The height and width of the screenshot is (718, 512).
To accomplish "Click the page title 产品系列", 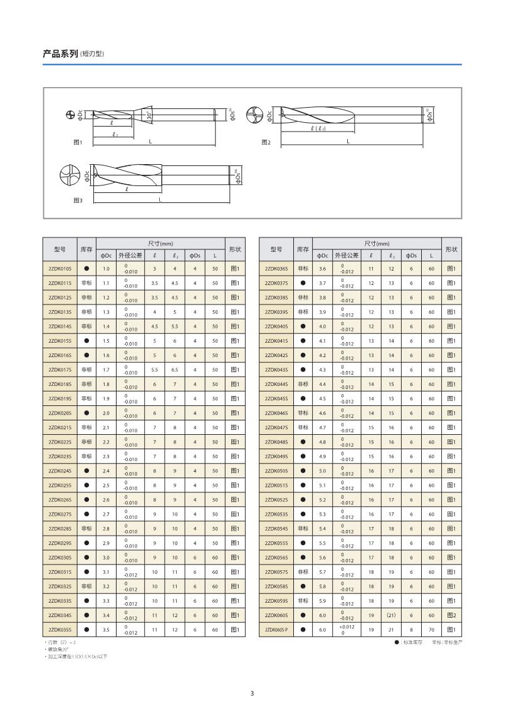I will pyautogui.click(x=60, y=54).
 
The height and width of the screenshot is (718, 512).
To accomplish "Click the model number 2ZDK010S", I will pyautogui.click(x=60, y=268).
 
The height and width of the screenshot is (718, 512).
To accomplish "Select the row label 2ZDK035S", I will pyautogui.click(x=60, y=629).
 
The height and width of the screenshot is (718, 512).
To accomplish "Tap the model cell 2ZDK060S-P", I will pyautogui.click(x=276, y=629).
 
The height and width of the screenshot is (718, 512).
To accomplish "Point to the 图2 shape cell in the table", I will pyautogui.click(x=451, y=615).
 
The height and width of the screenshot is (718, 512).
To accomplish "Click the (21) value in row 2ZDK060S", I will pyautogui.click(x=391, y=615).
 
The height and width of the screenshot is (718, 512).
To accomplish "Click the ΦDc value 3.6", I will pyautogui.click(x=323, y=268).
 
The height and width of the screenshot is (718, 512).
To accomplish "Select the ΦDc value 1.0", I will pyautogui.click(x=106, y=268).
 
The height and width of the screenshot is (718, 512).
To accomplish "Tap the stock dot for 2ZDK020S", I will pyautogui.click(x=86, y=413).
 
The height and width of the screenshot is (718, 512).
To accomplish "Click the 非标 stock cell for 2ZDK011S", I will pyautogui.click(x=86, y=283).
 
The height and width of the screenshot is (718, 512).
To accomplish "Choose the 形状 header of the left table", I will pyautogui.click(x=235, y=249).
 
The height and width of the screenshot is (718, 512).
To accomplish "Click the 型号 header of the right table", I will pyautogui.click(x=276, y=249).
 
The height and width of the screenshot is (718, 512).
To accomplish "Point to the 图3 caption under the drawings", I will pyautogui.click(x=78, y=200).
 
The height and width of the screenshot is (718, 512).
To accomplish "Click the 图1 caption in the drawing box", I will pyautogui.click(x=78, y=142).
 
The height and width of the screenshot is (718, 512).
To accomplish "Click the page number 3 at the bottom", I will pyautogui.click(x=253, y=693).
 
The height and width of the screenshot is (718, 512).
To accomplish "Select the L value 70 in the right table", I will pyautogui.click(x=431, y=629).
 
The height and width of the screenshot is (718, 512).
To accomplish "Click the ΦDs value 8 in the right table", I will pyautogui.click(x=411, y=629).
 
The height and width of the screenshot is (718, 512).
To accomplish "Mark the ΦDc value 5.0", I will pyautogui.click(x=323, y=471).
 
